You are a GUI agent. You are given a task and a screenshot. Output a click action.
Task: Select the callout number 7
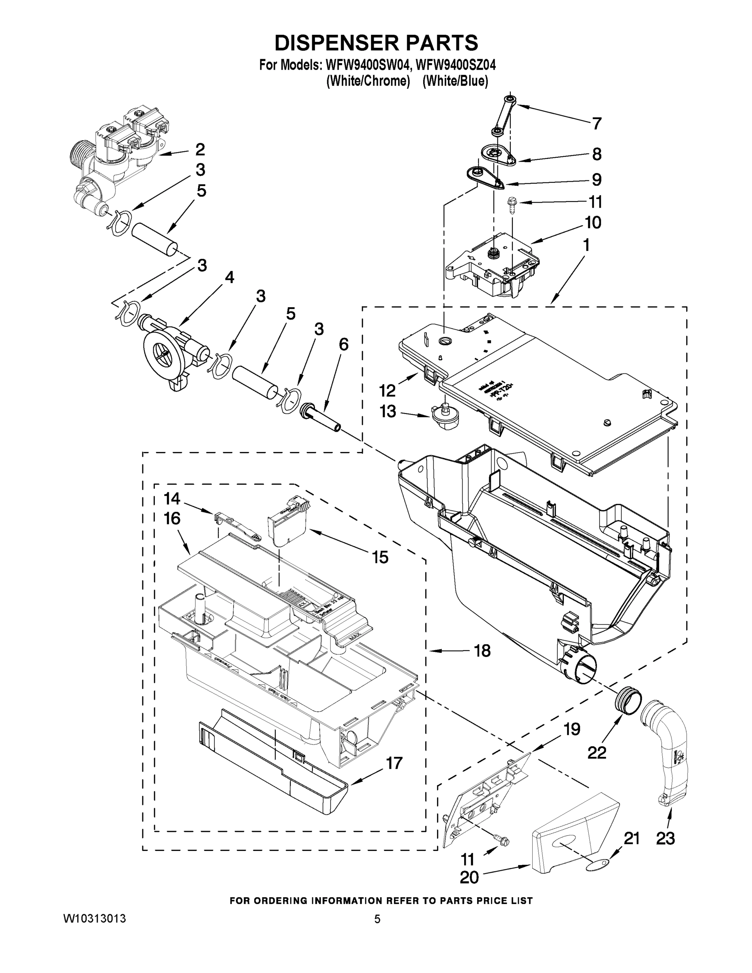[x=597, y=123]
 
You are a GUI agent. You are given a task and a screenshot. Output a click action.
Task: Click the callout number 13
[x=388, y=411]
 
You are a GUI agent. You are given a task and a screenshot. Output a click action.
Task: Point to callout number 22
[x=597, y=752]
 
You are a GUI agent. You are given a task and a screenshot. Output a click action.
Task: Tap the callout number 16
[x=172, y=519]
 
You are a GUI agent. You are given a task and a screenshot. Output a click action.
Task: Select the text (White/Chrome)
[x=368, y=81]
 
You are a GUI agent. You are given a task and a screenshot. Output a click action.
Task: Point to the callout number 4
[x=229, y=278]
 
